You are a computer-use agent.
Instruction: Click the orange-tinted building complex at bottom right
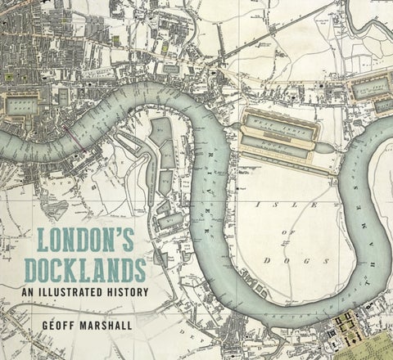[345, 332]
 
